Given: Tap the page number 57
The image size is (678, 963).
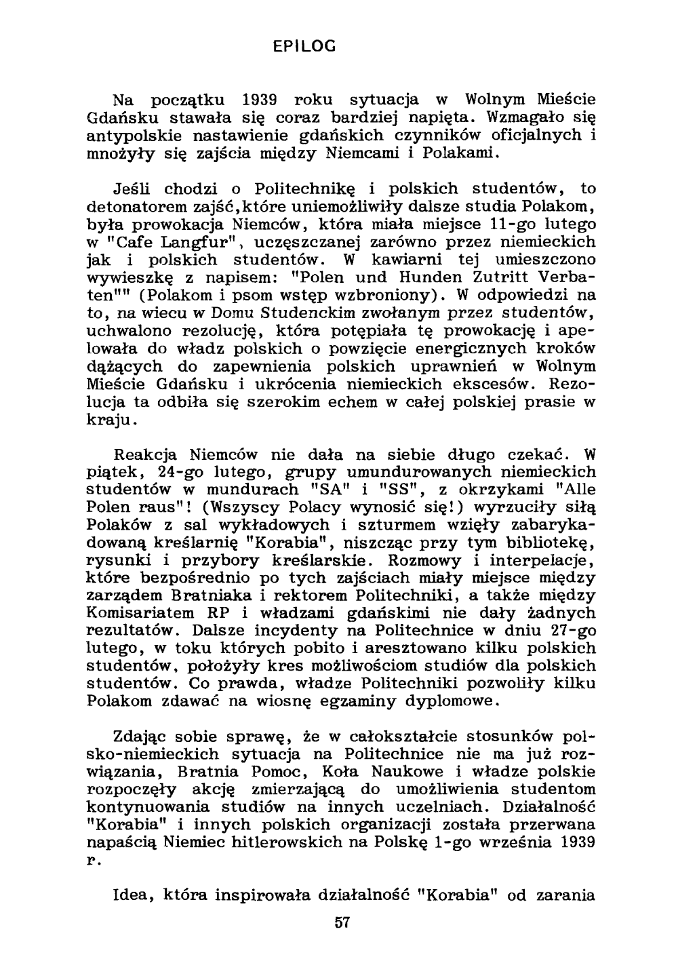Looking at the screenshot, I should [x=342, y=922].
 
